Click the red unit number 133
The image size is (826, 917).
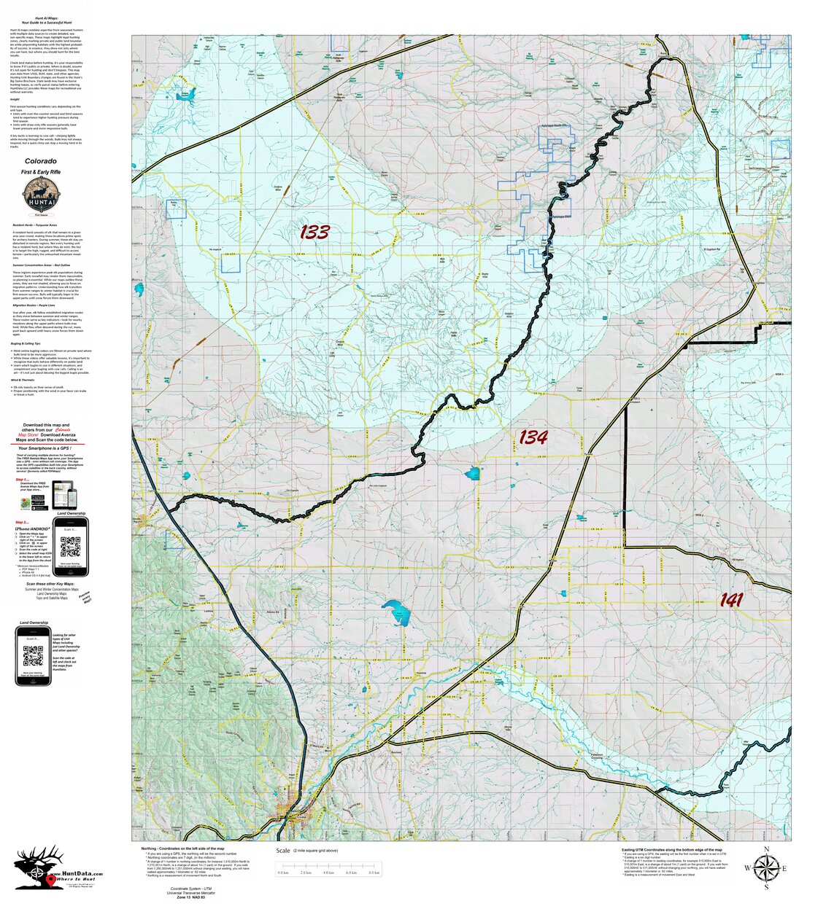(314, 233)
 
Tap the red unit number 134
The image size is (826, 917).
(533, 437)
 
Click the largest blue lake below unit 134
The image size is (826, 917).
(399, 613)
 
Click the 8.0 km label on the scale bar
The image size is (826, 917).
(374, 873)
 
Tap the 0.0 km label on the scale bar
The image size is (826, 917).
(283, 873)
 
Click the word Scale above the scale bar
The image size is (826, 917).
(283, 851)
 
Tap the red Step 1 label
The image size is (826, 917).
(23, 480)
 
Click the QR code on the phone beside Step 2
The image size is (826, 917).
(70, 545)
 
